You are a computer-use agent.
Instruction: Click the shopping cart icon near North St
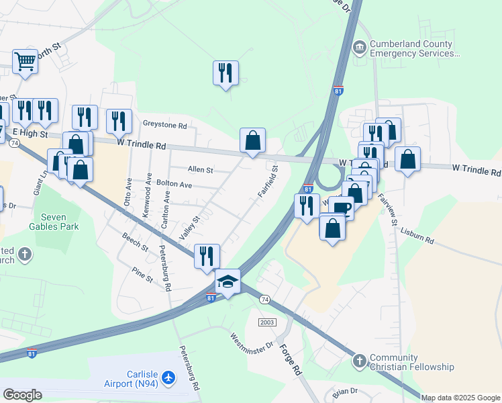[x=25, y=62]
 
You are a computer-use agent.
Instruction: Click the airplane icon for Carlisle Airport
[x=168, y=378]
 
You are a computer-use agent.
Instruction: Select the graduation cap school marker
[x=228, y=281]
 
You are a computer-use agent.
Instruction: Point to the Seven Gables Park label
[x=60, y=222]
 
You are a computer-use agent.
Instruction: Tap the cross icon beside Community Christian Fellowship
[x=359, y=361]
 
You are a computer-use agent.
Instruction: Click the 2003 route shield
[x=267, y=322]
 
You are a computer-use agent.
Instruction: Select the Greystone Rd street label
[x=164, y=125]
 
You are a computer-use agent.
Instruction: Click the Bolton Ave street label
[x=174, y=184]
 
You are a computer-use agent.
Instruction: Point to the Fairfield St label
[x=268, y=181]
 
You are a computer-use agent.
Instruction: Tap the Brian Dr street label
[x=345, y=391]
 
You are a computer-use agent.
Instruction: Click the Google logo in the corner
[x=22, y=395]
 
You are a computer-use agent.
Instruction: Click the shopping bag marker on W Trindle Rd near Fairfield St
[x=252, y=141]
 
